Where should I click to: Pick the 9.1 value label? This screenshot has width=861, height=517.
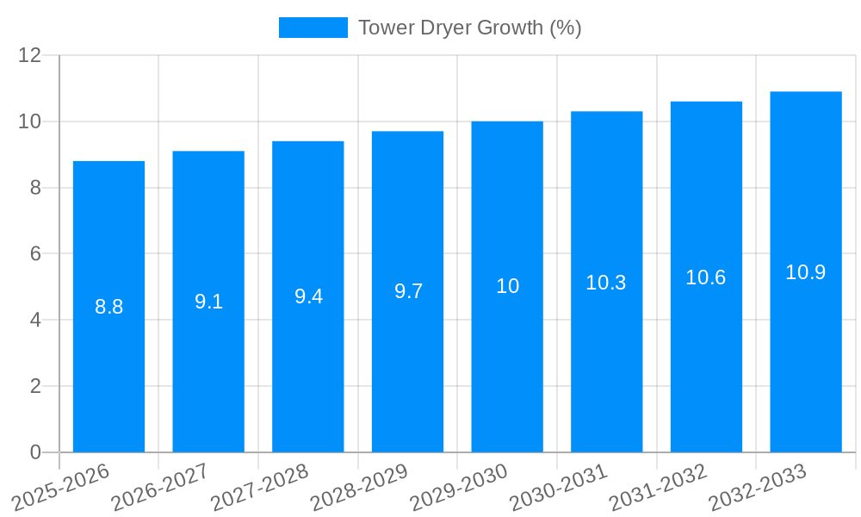pos(208,302)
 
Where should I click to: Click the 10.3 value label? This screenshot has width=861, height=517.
pos(606,282)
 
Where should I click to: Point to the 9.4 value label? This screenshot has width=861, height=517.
pos(308,296)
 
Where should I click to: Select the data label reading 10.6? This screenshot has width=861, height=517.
pos(706,277)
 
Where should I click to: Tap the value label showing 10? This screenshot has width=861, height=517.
pos(507,286)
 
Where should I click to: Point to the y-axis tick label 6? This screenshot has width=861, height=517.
pos(35,254)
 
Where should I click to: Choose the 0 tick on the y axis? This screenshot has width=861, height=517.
pos(35,452)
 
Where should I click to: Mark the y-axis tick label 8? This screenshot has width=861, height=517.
pos(35,188)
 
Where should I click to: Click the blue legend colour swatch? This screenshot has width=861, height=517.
pos(313,28)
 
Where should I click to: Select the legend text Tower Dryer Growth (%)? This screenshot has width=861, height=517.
pos(469,28)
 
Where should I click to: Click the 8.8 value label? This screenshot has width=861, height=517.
pos(109,307)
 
